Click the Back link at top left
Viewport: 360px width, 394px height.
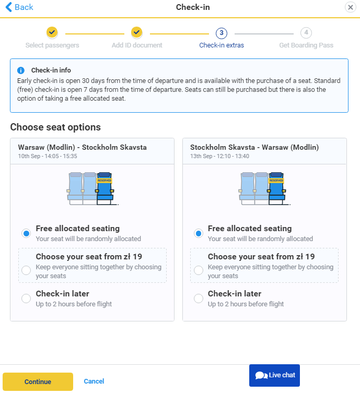point(19,7)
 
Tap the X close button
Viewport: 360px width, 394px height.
point(350,7)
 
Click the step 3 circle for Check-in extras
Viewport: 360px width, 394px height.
point(222,33)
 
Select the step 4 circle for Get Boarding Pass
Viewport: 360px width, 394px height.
point(306,33)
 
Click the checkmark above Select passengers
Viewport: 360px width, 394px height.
point(52,32)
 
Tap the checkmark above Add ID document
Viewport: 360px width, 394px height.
point(136,32)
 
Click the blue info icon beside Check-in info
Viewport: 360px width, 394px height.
point(21,70)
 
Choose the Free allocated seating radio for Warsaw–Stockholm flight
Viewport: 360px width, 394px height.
point(26,233)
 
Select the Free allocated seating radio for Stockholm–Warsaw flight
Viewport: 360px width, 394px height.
point(199,233)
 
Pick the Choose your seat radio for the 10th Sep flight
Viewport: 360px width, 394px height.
point(26,270)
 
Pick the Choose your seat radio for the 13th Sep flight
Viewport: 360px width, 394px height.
point(199,270)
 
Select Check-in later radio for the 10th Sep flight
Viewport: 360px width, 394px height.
point(26,299)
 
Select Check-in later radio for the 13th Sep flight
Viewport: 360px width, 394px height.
point(199,299)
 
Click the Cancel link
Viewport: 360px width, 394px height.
point(94,381)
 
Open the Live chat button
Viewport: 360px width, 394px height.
point(274,375)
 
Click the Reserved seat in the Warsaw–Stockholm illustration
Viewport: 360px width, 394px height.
point(104,188)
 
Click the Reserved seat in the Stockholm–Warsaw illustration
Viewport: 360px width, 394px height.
point(276,188)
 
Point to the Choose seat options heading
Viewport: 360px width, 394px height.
point(55,127)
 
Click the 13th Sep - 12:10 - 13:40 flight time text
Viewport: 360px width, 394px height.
point(219,156)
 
